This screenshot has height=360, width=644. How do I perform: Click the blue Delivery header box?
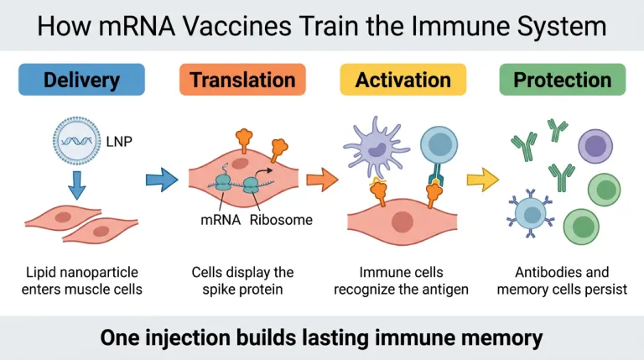pos(81,80)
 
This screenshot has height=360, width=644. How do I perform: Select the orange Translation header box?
pos(242,80)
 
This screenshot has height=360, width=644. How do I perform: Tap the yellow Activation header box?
pos(402,80)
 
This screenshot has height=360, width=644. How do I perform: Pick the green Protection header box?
pos(563,80)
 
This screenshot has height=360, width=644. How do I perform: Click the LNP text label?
pos(119,142)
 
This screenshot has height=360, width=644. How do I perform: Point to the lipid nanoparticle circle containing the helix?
pos(77,140)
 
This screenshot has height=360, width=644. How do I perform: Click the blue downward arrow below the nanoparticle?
pos(77,185)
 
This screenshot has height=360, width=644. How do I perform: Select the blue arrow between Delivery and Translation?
pos(162,180)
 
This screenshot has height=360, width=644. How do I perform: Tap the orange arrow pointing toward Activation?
pos(322,180)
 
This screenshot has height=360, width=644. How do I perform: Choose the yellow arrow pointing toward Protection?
pos(483,180)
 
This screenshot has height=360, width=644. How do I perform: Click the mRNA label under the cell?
pos(221,220)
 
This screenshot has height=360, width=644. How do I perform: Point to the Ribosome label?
pos(281,220)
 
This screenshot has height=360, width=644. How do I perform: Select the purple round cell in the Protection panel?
pos(595,146)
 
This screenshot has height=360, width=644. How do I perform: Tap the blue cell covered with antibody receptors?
pos(531,214)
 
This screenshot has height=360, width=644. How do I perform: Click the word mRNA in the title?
pos(138,26)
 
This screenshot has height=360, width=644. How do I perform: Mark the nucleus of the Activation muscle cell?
pos(402,222)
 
